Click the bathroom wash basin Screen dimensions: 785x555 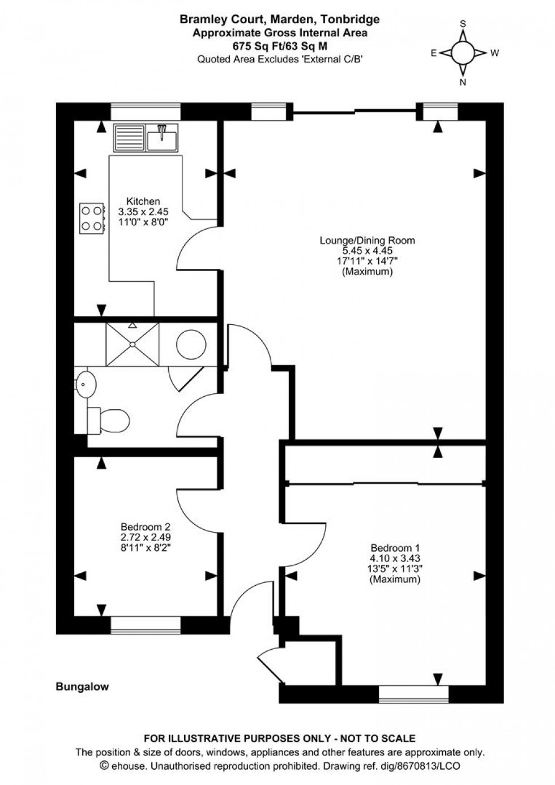[x=83, y=385]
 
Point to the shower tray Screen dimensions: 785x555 [x=133, y=344]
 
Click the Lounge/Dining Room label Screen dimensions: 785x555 [x=367, y=240]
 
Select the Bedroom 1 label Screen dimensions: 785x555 [x=395, y=548]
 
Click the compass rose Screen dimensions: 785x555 [x=463, y=53]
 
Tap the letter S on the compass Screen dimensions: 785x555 [x=463, y=24]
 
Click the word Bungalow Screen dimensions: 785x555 [x=82, y=687]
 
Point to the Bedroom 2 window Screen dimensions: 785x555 [x=146, y=624]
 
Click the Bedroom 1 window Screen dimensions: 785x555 [x=413, y=693]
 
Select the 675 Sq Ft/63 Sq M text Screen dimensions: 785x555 [x=279, y=46]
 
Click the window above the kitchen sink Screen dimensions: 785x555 [x=146, y=111]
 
